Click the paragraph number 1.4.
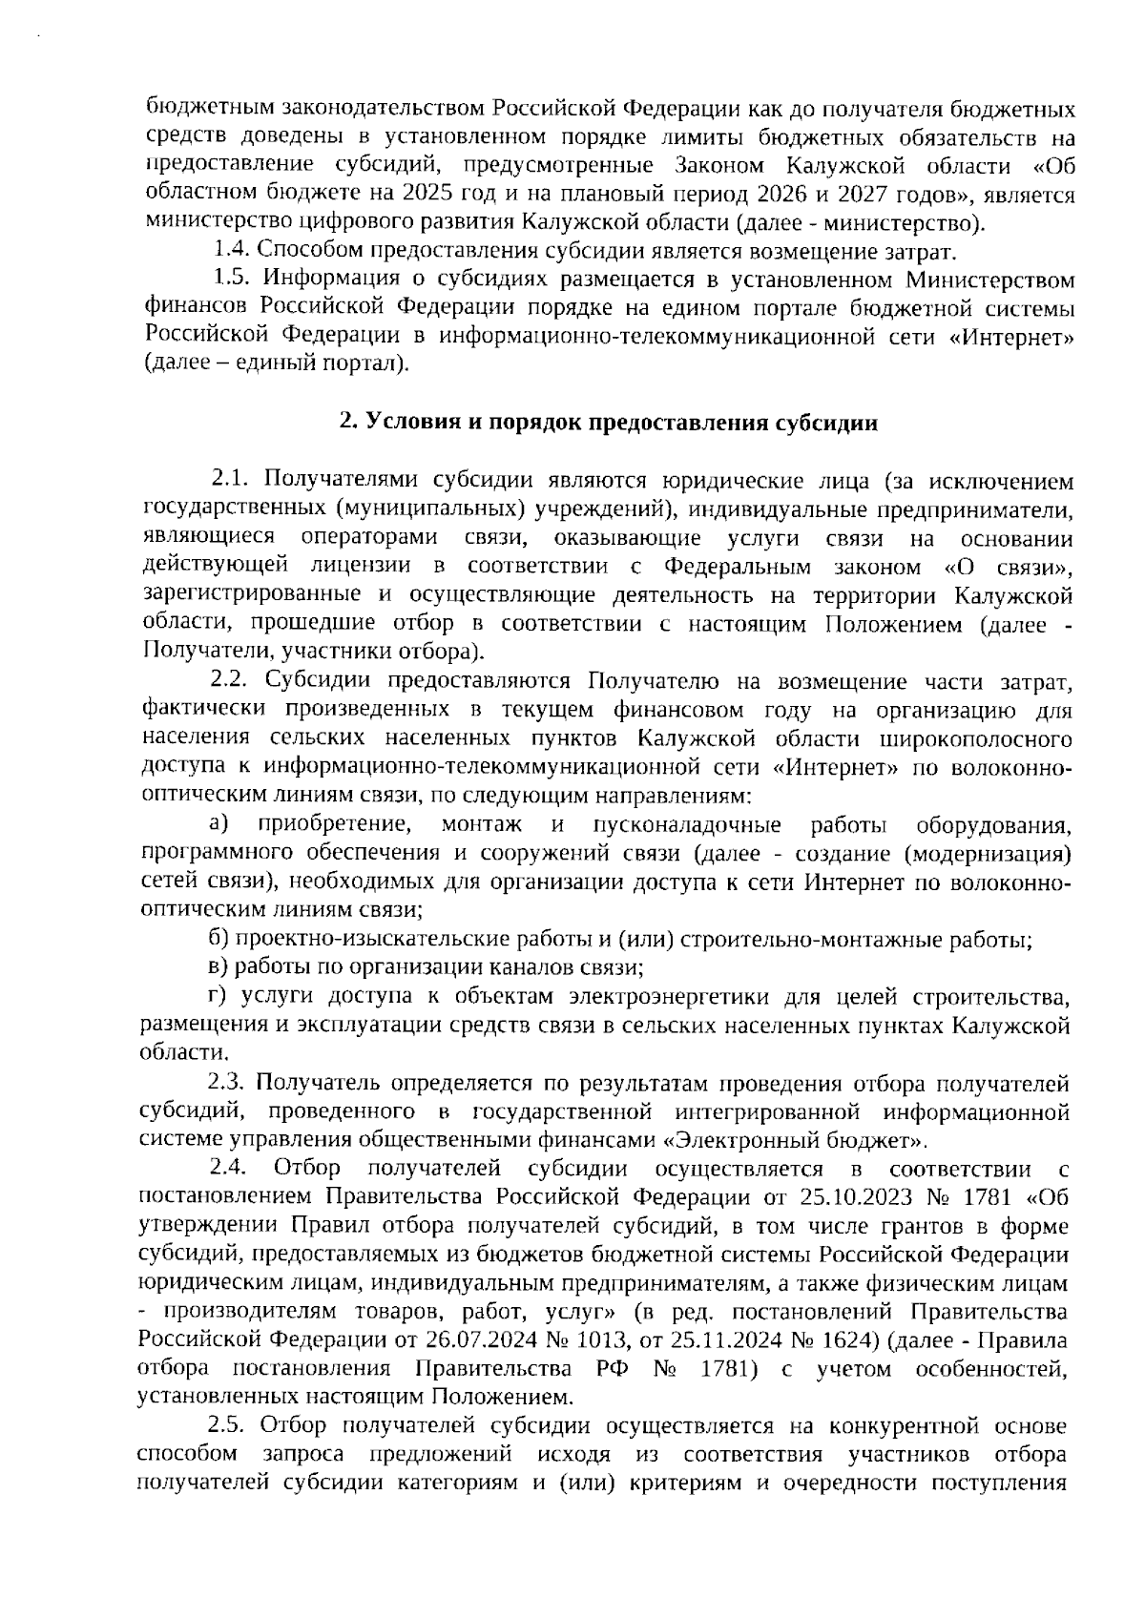click(232, 253)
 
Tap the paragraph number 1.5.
click(232, 280)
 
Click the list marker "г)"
click(218, 997)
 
